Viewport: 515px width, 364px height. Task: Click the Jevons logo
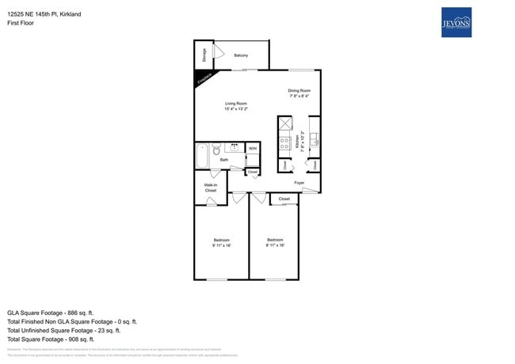click(457, 23)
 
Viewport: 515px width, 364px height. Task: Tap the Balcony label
click(241, 55)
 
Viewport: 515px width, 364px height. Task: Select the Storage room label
click(204, 55)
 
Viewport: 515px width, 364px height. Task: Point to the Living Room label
click(236, 104)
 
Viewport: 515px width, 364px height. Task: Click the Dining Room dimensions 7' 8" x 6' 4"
click(299, 97)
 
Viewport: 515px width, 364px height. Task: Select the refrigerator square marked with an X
click(284, 125)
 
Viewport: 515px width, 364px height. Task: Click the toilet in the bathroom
click(215, 147)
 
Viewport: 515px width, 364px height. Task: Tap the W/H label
click(252, 148)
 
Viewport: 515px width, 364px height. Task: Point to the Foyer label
click(299, 183)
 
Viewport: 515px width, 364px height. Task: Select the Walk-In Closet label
click(210, 188)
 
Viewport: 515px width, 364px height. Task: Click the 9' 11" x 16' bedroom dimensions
click(221, 245)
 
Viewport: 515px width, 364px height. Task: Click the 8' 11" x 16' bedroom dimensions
click(274, 245)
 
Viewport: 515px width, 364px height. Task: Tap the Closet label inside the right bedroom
click(284, 199)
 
